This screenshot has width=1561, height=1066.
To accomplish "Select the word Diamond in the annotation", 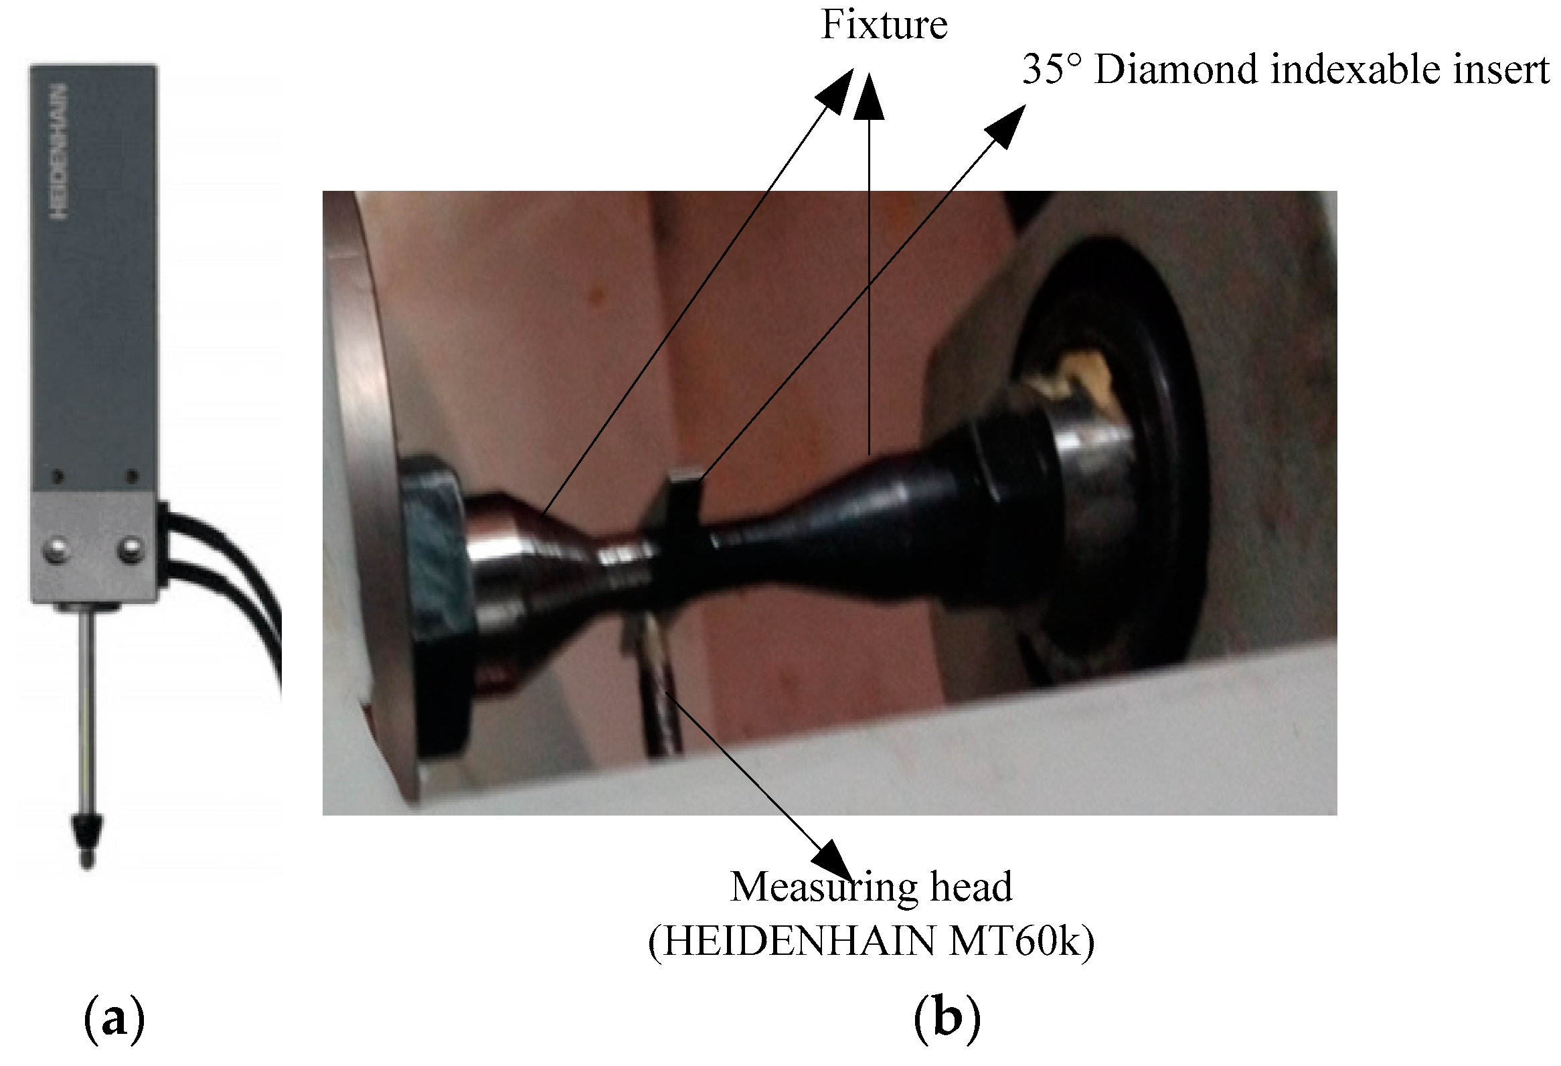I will [1175, 70].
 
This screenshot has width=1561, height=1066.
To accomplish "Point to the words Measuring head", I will [871, 887].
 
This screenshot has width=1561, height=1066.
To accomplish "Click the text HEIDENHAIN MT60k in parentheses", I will [871, 942].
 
